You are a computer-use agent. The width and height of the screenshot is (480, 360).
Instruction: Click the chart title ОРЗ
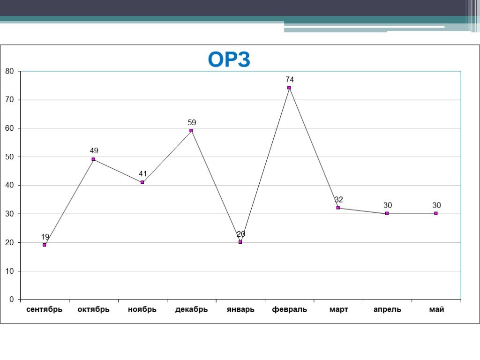(229, 60)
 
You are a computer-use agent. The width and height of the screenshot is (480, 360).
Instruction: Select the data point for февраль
(289, 88)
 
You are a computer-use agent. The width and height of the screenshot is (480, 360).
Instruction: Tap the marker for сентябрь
(45, 245)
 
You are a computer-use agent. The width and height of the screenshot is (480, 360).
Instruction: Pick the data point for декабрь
(191, 131)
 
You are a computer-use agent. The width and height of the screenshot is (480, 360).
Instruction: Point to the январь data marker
(240, 242)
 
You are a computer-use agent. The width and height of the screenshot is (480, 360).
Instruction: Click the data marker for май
(436, 213)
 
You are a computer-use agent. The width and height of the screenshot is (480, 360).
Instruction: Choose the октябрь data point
(93, 159)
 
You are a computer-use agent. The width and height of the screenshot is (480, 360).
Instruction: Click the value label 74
(290, 80)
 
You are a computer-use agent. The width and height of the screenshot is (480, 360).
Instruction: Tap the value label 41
(143, 174)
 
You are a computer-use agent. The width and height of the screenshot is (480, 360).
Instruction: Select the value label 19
(45, 237)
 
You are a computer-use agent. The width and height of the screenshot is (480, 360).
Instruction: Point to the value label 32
(339, 200)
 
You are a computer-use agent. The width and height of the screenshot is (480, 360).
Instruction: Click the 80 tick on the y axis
(10, 71)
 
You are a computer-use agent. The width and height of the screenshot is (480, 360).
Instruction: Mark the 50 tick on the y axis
(10, 157)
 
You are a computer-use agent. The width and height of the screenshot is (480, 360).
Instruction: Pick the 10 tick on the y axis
(10, 271)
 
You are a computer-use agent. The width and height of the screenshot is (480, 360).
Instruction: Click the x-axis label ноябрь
(142, 310)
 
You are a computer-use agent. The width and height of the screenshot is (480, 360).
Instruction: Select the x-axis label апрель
(387, 310)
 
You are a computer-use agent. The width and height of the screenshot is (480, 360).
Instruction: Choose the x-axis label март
(338, 310)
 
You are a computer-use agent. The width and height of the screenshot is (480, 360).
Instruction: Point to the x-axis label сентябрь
(45, 310)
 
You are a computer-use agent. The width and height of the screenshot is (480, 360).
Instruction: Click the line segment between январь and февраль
(265, 165)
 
